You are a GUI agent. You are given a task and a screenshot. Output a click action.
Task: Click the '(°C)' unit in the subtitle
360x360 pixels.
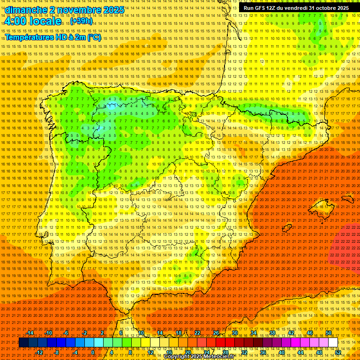(94, 37)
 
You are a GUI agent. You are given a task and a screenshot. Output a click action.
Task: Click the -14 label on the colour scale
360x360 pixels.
(30, 333)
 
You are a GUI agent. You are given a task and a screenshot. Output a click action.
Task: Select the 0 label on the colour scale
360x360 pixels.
(93, 352)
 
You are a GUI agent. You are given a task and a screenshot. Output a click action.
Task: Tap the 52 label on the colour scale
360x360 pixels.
(337, 352)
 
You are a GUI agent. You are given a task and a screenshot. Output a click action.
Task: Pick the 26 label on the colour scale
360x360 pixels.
(216, 333)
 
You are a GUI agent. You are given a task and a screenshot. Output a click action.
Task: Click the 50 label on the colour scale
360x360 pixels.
(329, 333)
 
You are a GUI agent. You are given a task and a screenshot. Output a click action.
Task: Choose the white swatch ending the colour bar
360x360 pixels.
(333, 343)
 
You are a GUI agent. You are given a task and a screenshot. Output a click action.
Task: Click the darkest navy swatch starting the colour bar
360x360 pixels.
(23, 343)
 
